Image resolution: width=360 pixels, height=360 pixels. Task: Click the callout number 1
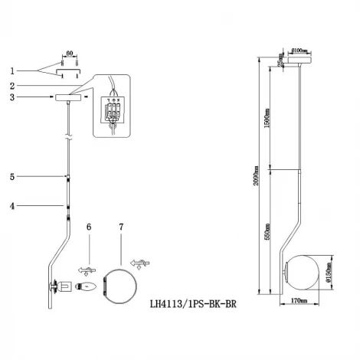(x=13, y=70)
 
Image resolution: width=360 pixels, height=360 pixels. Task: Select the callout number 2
(x=13, y=85)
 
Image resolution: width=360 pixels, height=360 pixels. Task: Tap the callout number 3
(x=13, y=97)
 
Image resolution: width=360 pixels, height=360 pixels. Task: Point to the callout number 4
(x=13, y=205)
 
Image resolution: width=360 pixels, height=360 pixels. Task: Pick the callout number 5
(x=13, y=177)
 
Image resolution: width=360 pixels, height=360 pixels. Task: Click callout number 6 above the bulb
(x=89, y=227)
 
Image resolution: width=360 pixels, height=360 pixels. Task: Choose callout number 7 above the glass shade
(x=121, y=227)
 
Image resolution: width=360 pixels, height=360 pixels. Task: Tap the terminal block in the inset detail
(x=116, y=112)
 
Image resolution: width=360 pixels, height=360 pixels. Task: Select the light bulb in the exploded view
(x=86, y=288)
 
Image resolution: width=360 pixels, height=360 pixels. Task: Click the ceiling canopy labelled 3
(x=68, y=97)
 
